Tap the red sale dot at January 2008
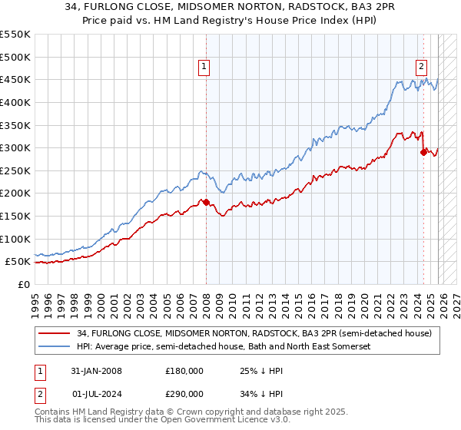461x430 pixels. pos(206,202)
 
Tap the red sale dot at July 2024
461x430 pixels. pos(423,152)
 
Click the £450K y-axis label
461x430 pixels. pos(15,79)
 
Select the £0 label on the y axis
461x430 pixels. pos(23,284)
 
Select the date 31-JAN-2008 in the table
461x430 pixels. pos(95,370)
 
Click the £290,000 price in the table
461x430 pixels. pos(184,395)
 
